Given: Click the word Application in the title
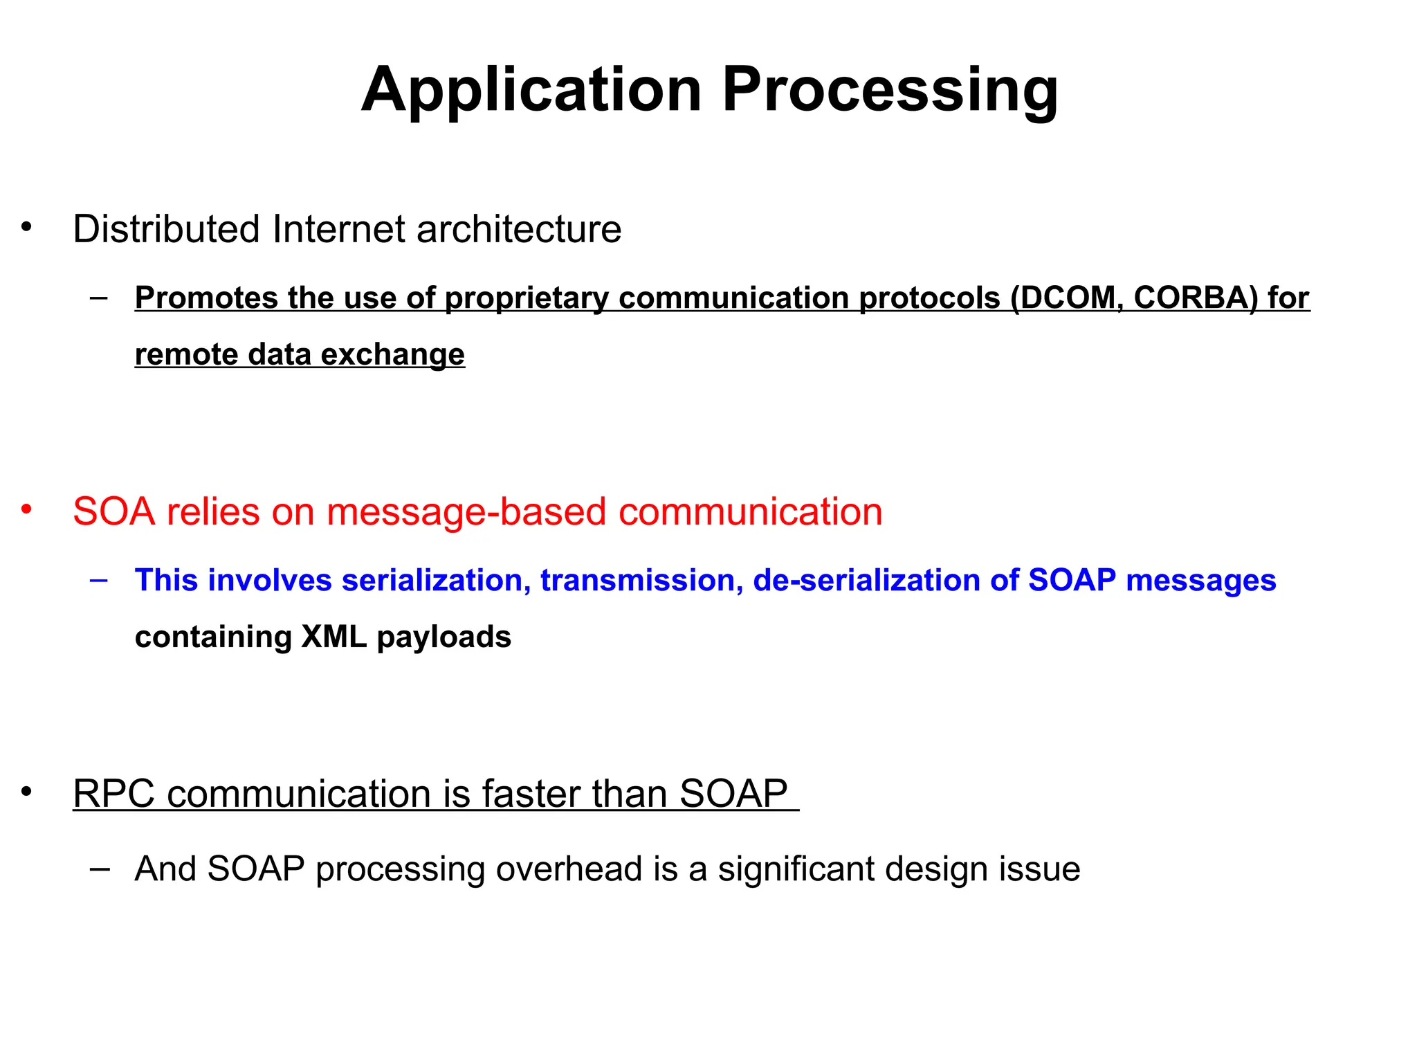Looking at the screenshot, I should pyautogui.click(x=531, y=91).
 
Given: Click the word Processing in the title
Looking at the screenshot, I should pyautogui.click(x=890, y=91).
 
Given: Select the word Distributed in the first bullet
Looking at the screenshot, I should pyautogui.click(x=166, y=229).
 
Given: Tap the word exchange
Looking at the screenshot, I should pyautogui.click(x=392, y=354).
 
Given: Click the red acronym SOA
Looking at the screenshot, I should pyautogui.click(x=113, y=511).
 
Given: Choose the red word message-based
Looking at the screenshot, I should pyautogui.click(x=467, y=511).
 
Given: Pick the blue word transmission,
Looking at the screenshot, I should pyautogui.click(x=641, y=580).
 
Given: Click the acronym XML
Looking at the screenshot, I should pyautogui.click(x=333, y=637).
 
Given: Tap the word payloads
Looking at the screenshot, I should pyautogui.click(x=444, y=637).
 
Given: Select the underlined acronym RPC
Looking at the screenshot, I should pyautogui.click(x=114, y=794).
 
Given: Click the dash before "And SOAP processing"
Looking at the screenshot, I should pyautogui.click(x=100, y=869).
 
